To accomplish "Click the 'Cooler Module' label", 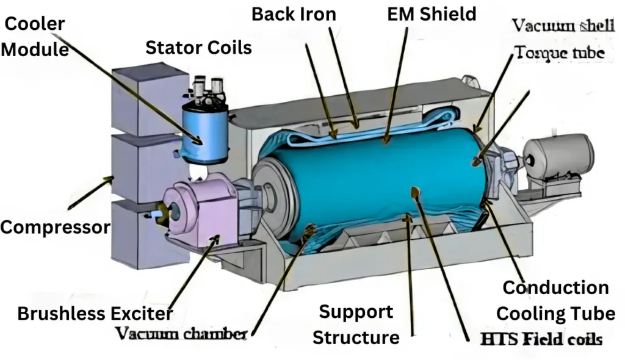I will pos(35,37).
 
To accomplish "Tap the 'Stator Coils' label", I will pos(198,48).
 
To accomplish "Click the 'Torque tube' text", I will pos(560,53).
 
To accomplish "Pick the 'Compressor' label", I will pos(55,228).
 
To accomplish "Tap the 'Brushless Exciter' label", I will pos(95,314).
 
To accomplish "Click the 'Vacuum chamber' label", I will pos(181,333).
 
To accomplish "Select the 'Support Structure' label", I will pos(356,324).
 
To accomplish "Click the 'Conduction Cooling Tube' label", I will pos(555,300).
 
